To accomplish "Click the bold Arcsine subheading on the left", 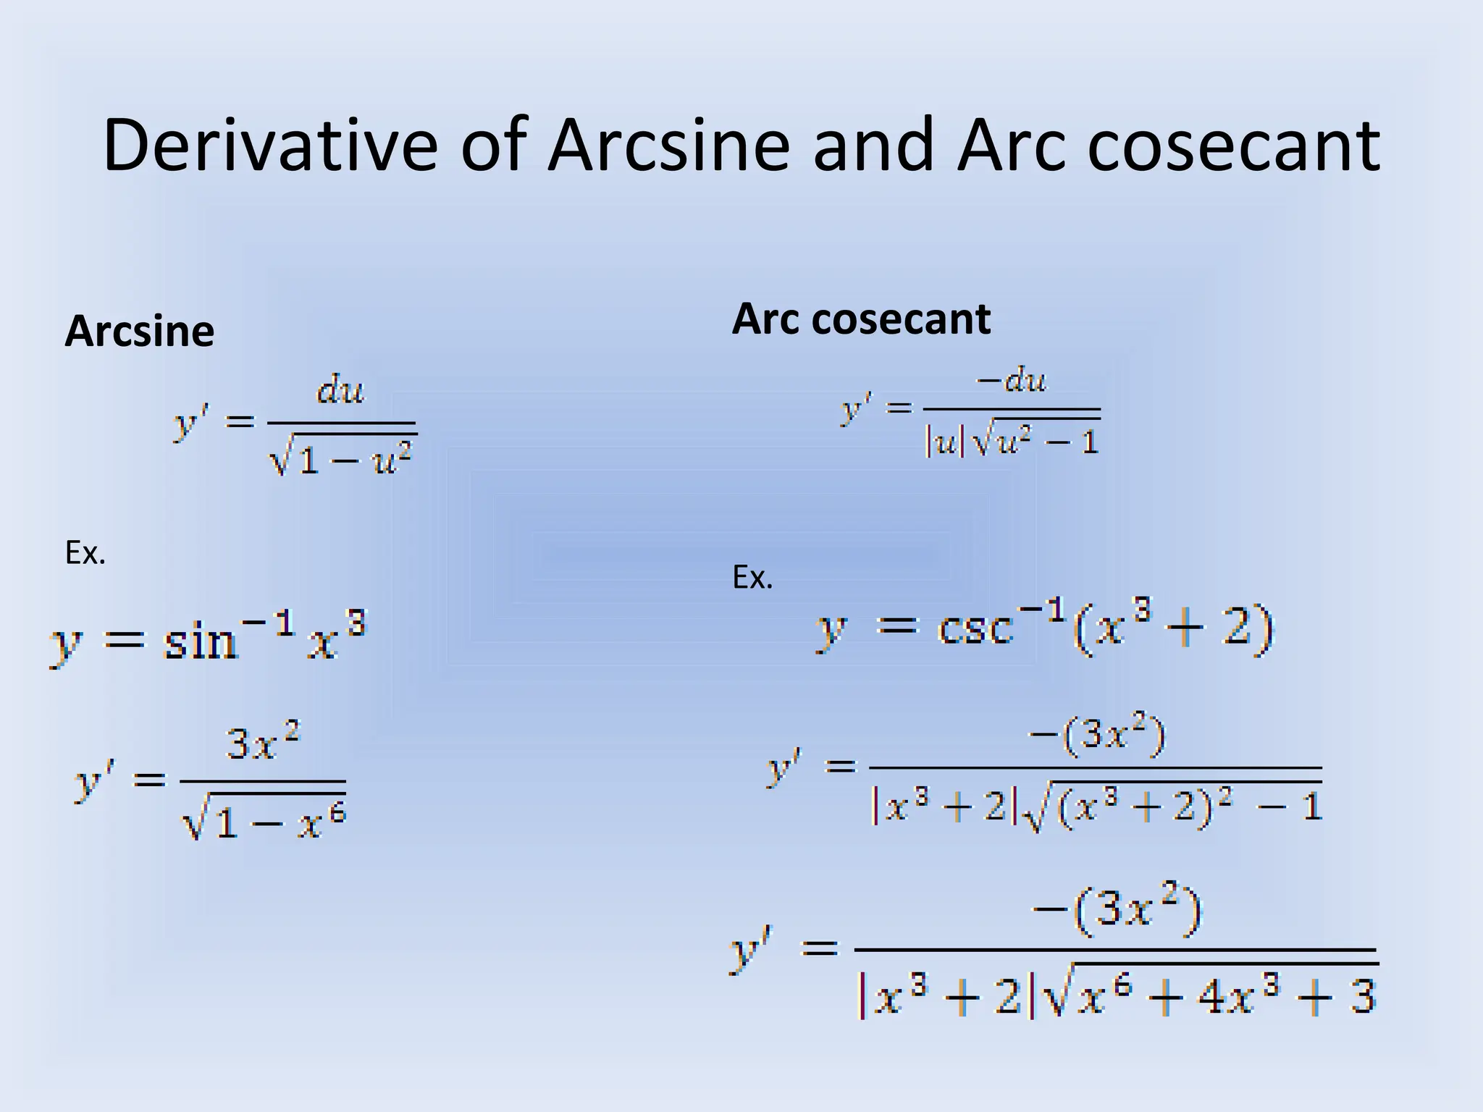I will tap(140, 332).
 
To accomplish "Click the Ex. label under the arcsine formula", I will tap(85, 554).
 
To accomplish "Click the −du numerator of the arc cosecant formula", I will tap(1012, 379).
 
